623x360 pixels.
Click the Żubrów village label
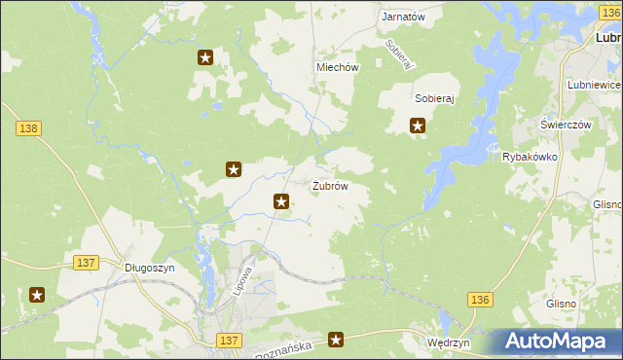point(330,186)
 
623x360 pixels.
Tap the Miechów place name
point(338,68)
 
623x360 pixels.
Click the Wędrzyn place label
point(449,343)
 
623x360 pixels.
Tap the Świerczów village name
point(566,126)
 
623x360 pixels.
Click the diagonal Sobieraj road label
point(399,54)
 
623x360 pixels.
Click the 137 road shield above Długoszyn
point(86,263)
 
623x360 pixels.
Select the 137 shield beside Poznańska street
point(229,340)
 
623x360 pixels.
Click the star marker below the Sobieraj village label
point(418,125)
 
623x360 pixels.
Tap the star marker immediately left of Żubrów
point(281,201)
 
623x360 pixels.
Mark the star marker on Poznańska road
point(336,340)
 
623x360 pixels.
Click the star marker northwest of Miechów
point(205,57)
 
